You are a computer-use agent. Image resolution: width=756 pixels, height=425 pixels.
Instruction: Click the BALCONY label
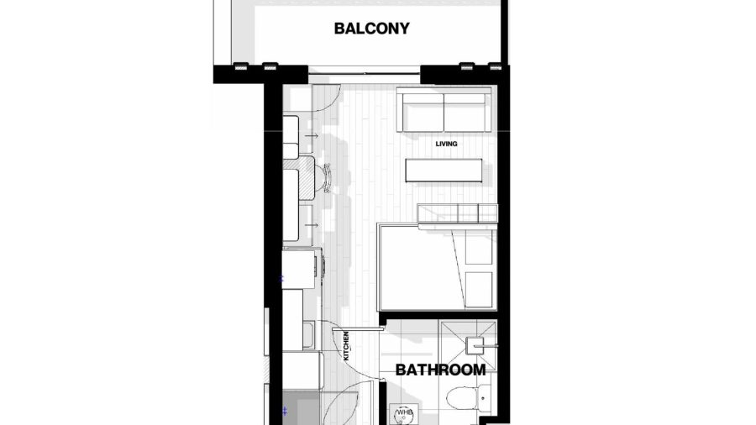pos(372,29)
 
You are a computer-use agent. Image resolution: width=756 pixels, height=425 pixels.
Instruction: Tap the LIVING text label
pos(447,144)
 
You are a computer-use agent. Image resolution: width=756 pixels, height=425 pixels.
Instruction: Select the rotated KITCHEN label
pos(346,346)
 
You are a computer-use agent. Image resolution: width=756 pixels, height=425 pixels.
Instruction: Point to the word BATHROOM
pos(441,370)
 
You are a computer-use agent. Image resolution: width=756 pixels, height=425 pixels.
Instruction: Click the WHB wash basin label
pos(404,412)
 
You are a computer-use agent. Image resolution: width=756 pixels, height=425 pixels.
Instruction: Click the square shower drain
pos(475,345)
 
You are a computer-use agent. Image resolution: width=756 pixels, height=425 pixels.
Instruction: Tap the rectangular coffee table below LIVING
pos(444,171)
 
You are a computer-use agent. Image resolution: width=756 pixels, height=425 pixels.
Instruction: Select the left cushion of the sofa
pos(423,113)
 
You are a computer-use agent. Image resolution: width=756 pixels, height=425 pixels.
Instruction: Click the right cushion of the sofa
pos(465,113)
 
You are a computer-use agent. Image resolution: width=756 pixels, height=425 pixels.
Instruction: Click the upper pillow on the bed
pos(478,248)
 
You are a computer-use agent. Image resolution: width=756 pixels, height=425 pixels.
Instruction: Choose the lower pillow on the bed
pos(478,289)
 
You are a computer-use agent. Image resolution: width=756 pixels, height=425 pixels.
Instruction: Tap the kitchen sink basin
pos(308,335)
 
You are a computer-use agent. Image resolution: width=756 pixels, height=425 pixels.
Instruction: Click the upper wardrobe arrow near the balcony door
pos(312,136)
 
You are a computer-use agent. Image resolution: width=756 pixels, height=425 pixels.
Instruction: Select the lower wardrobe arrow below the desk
pos(312,225)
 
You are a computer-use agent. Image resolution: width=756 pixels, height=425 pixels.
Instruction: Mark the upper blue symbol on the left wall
pos(283,279)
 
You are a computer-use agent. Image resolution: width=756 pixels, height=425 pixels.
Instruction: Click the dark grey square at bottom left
pos(301,408)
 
